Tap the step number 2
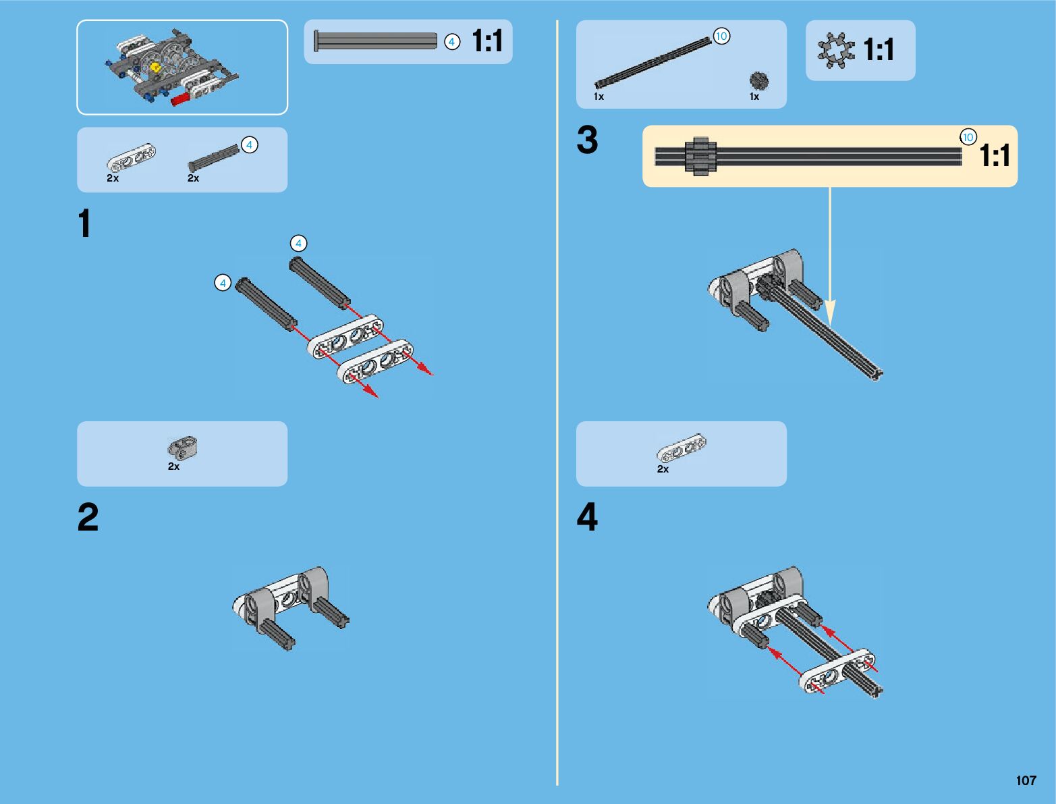pyautogui.click(x=88, y=518)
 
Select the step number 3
pyautogui.click(x=587, y=140)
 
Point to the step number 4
pyautogui.click(x=587, y=518)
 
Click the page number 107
pyautogui.click(x=1026, y=780)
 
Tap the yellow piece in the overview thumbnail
pyautogui.click(x=156, y=68)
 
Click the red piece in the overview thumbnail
pyautogui.click(x=180, y=99)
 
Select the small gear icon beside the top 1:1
pyautogui.click(x=836, y=51)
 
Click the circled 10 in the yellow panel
pyautogui.click(x=968, y=137)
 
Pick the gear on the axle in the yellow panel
pyautogui.click(x=700, y=157)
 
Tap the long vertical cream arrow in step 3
pyautogui.click(x=830, y=257)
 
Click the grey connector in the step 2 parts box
pyautogui.click(x=182, y=447)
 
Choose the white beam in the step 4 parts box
pyautogui.click(x=682, y=448)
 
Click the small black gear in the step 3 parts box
pyautogui.click(x=759, y=81)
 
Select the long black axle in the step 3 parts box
pyautogui.click(x=652, y=63)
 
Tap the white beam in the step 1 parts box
pyautogui.click(x=131, y=158)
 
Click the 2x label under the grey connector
pyautogui.click(x=173, y=466)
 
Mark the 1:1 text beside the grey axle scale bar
pyautogui.click(x=487, y=41)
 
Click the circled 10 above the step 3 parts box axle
pyautogui.click(x=721, y=36)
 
